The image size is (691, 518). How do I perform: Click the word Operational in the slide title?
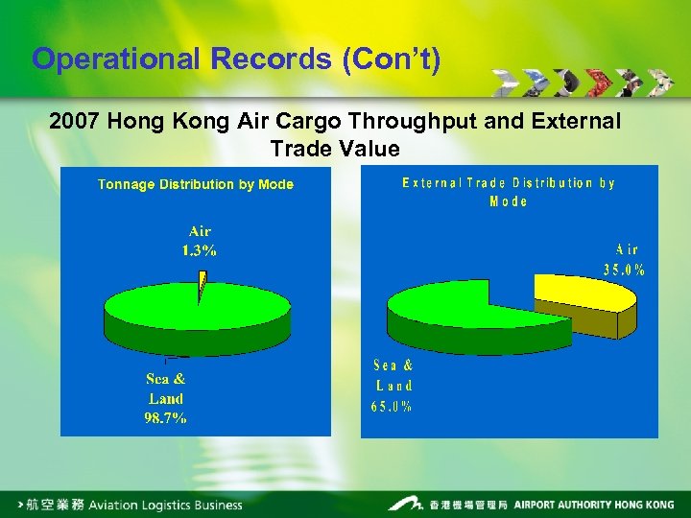pyautogui.click(x=115, y=59)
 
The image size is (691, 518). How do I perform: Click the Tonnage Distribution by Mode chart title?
pyautogui.click(x=196, y=184)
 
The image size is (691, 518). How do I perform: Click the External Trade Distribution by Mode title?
pyautogui.click(x=509, y=192)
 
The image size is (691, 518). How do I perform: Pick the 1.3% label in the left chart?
pyautogui.click(x=200, y=250)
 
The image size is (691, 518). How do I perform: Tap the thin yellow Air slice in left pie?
pyautogui.click(x=203, y=284)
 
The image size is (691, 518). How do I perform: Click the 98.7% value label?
pyautogui.click(x=166, y=417)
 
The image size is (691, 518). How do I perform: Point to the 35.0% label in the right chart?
pyautogui.click(x=624, y=270)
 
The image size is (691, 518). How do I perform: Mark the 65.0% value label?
pyautogui.click(x=392, y=407)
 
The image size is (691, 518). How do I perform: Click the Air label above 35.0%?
pyautogui.click(x=626, y=249)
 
